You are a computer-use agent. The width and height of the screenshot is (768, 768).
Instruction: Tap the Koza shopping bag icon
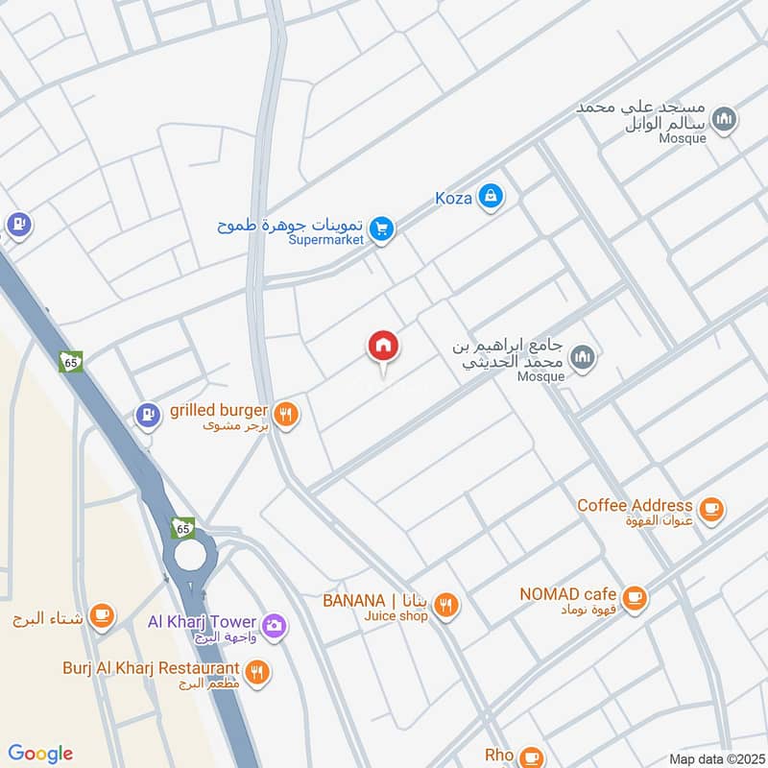pyautogui.click(x=491, y=197)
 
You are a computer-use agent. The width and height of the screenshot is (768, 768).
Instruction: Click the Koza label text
pyautogui.click(x=453, y=197)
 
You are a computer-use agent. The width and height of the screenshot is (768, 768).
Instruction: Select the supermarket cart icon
pyautogui.click(x=382, y=228)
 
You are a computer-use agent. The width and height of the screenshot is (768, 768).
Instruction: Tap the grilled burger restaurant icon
pyautogui.click(x=285, y=415)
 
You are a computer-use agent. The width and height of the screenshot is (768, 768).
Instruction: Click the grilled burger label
pyautogui.click(x=218, y=412)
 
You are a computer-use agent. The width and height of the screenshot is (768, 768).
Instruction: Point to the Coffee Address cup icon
pyautogui.click(x=710, y=509)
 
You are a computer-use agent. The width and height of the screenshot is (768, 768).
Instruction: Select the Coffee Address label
pyautogui.click(x=635, y=505)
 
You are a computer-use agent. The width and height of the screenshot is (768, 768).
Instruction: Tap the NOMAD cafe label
pyautogui.click(x=567, y=594)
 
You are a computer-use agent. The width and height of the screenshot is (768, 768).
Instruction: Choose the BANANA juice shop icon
pyautogui.click(x=445, y=605)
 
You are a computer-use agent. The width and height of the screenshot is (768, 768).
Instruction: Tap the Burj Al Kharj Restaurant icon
pyautogui.click(x=256, y=671)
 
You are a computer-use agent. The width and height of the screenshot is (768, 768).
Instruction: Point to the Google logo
pyautogui.click(x=40, y=754)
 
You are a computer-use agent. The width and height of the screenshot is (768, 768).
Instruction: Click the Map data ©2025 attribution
pyautogui.click(x=714, y=758)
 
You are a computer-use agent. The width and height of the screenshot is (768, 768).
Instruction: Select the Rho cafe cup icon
pyautogui.click(x=533, y=756)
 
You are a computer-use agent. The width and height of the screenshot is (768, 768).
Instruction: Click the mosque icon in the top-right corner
pyautogui.click(x=727, y=119)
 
